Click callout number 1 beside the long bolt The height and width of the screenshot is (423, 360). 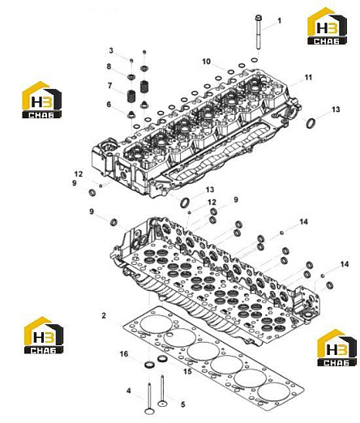click(x=280, y=20)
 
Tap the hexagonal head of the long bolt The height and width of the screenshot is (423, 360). click(x=259, y=18)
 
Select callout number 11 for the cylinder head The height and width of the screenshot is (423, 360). click(x=308, y=78)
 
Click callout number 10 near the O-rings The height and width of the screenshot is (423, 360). click(x=206, y=62)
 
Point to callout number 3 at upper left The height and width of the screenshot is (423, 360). click(x=111, y=50)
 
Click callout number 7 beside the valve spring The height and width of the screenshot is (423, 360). click(x=109, y=86)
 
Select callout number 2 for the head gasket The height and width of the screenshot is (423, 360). click(x=104, y=315)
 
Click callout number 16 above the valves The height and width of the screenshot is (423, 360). click(x=124, y=354)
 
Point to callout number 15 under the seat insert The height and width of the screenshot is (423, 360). click(x=187, y=371)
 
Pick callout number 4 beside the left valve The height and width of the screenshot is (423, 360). click(x=129, y=391)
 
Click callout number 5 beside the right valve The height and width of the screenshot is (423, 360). click(x=183, y=404)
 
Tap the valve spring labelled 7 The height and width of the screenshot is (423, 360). click(x=131, y=96)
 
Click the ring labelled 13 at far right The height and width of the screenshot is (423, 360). click(x=311, y=123)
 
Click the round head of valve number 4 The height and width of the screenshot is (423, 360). click(x=149, y=412)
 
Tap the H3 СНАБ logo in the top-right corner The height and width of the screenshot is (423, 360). click(x=328, y=26)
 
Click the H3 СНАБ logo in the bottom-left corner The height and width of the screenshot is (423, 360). click(x=44, y=335)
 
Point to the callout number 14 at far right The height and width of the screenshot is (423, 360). click(x=345, y=264)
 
